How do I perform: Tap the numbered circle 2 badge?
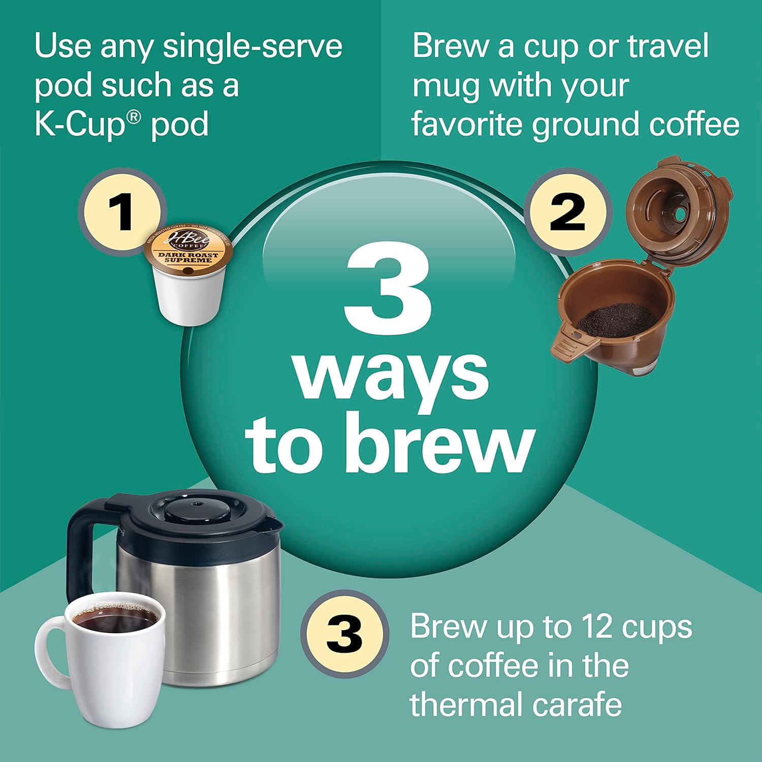point(567,212)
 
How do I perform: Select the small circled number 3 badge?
point(344,634)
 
